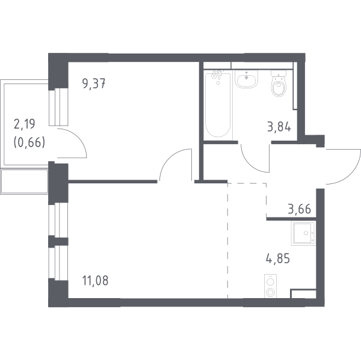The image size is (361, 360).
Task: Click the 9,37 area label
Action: click(94, 84)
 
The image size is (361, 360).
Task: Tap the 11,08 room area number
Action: click(95, 281)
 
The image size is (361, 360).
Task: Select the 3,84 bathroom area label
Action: click(279, 127)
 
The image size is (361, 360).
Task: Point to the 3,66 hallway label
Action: click(299, 209)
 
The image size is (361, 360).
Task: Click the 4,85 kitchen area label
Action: click(277, 258)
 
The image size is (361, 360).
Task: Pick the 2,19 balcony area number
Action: click(25, 124)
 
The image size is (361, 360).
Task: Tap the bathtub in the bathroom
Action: click(218, 105)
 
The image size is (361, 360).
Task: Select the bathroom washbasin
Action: click(246, 79)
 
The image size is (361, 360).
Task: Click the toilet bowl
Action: click(279, 84)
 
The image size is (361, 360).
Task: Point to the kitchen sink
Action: click(303, 233)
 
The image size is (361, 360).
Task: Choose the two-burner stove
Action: click(270, 286)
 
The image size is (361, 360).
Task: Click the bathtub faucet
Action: click(217, 74)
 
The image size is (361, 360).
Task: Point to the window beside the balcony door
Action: click(58, 107)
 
